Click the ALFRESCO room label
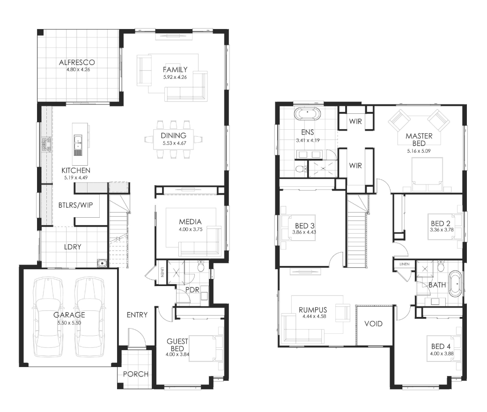pos(77,62)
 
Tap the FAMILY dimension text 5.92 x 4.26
pos(175,77)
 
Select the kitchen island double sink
pos(78,145)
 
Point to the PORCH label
pos(136,374)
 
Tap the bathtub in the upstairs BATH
pos(455,284)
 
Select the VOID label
pos(373,324)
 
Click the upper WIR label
pos(355,121)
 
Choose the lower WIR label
pos(355,165)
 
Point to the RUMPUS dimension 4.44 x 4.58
pos(314,316)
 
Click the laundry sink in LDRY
pos(102,263)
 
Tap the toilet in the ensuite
pos(301,169)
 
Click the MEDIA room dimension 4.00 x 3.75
pos(191,229)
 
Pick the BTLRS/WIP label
pos(75,205)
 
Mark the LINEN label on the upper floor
pos(405,264)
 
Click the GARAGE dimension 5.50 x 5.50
pos(69,323)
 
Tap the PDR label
pos(192,290)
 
